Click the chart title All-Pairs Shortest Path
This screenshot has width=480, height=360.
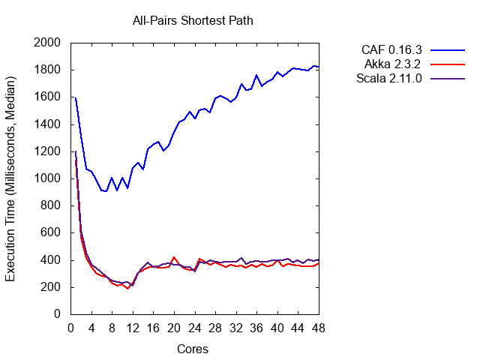pyautogui.click(x=193, y=20)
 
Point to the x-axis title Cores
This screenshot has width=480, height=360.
pyautogui.click(x=193, y=349)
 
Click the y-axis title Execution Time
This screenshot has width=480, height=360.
pyautogui.click(x=11, y=178)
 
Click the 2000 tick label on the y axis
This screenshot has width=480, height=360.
pyautogui.click(x=47, y=43)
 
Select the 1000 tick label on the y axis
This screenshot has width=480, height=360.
pyautogui.click(x=47, y=178)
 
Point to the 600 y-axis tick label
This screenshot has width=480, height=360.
pyautogui.click(x=50, y=232)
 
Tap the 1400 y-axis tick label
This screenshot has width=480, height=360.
pyautogui.click(x=47, y=124)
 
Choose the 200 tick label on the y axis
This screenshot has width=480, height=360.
pyautogui.click(x=50, y=287)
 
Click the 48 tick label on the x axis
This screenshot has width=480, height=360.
pyautogui.click(x=319, y=328)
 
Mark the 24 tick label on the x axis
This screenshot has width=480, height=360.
pyautogui.click(x=194, y=328)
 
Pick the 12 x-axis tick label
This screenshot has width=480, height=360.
pyautogui.click(x=133, y=328)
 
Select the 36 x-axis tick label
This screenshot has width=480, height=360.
pyautogui.click(x=256, y=328)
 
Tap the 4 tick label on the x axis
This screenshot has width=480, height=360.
pyautogui.click(x=91, y=328)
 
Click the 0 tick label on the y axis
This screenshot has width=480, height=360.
pyautogui.click(x=57, y=314)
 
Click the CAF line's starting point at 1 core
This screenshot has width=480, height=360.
pyautogui.click(x=76, y=97)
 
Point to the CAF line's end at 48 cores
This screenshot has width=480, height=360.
pyautogui.click(x=319, y=67)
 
